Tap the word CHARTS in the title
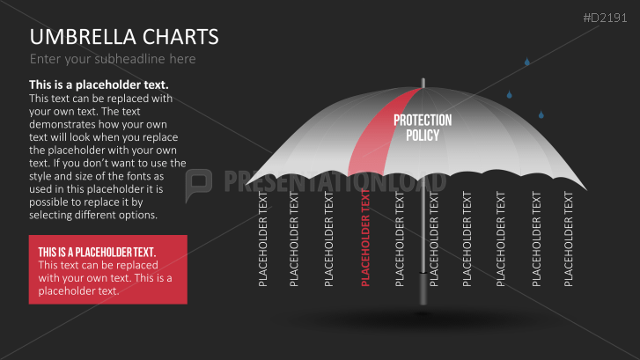point(178,37)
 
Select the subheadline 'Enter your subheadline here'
point(113,59)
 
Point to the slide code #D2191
point(607,17)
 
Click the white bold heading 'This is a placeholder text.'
point(99,85)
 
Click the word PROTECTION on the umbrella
point(423,121)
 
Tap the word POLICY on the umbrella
point(423,136)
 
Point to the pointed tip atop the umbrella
point(423,79)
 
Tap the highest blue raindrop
point(527,62)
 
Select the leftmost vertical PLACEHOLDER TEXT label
point(263,239)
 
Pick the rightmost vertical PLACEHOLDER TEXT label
point(568,239)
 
